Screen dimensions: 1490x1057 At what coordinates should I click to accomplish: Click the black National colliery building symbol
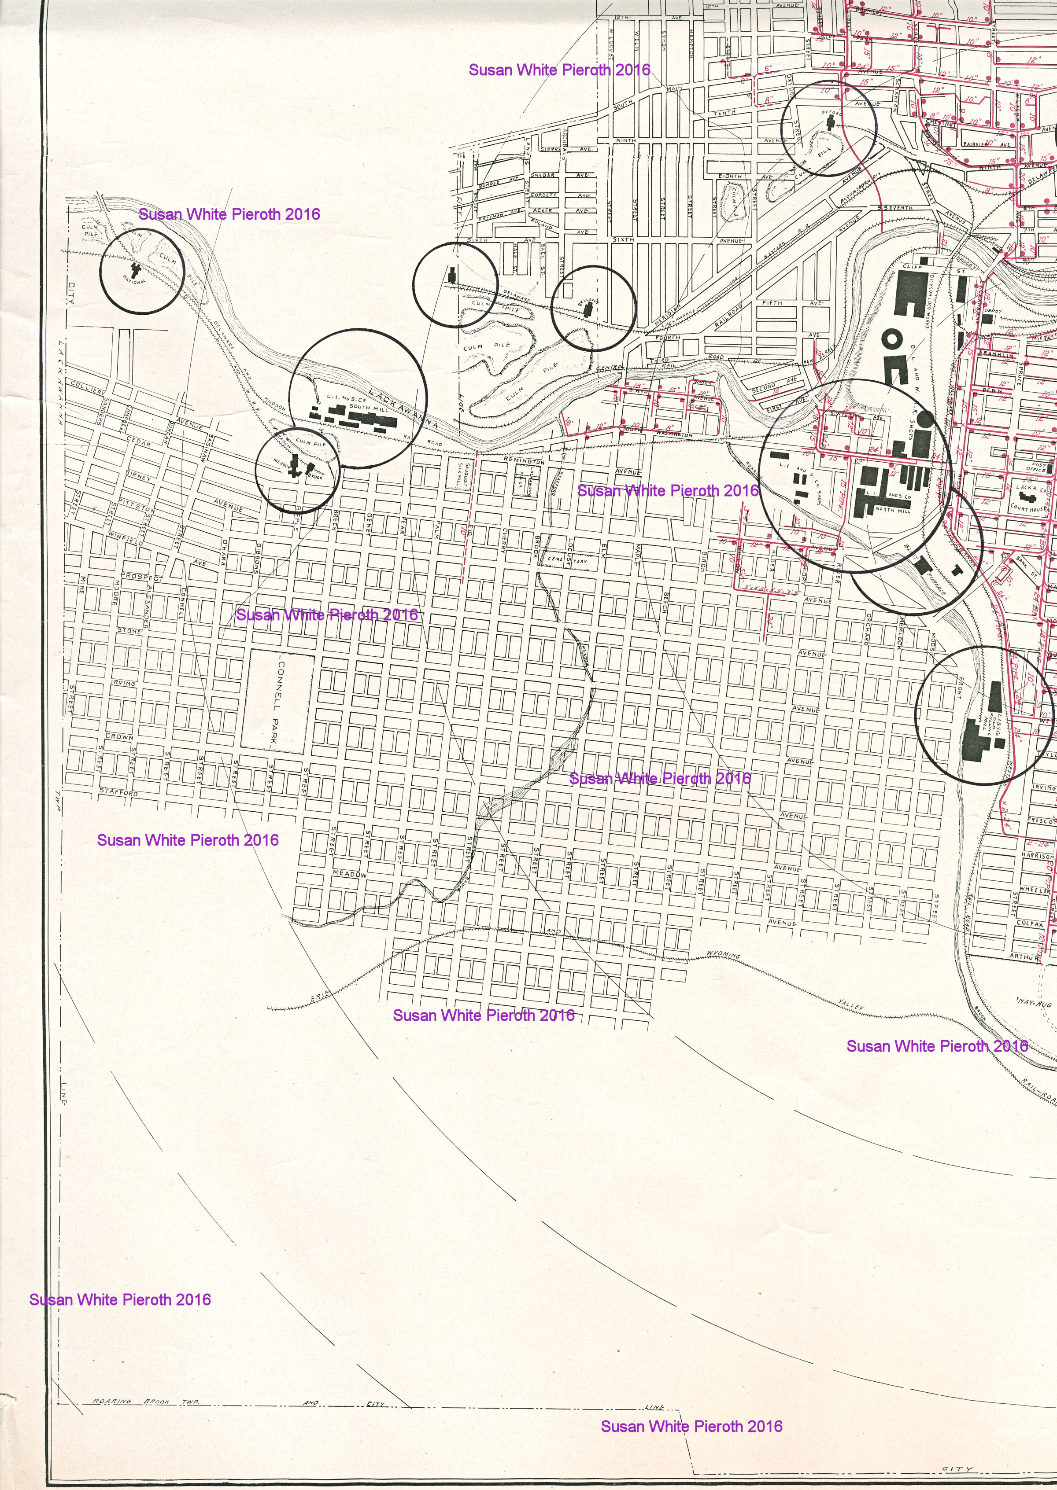point(135,268)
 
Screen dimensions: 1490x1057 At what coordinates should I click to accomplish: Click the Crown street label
point(119,737)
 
